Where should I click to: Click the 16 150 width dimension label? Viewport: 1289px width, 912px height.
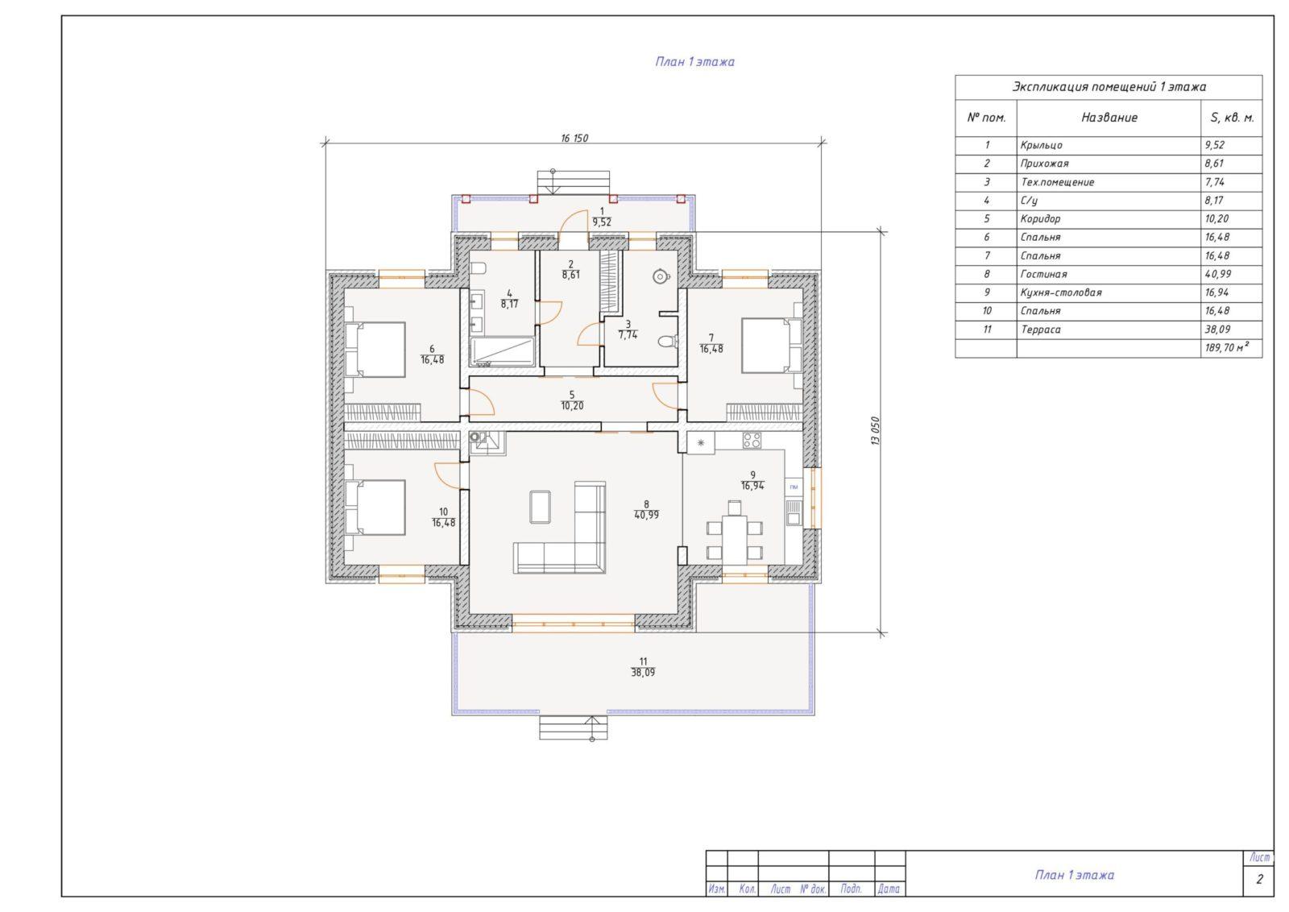pos(574,138)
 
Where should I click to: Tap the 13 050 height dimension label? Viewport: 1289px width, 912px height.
pos(875,431)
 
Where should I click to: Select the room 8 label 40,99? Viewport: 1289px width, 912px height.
pos(646,510)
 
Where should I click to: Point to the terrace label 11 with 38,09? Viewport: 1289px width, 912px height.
pos(643,667)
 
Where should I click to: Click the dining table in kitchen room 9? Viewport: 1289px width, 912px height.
pos(735,533)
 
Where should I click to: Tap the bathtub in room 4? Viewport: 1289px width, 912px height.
pos(503,352)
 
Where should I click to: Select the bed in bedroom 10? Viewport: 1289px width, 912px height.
pos(375,508)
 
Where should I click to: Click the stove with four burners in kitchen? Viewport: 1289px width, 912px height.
pos(752,441)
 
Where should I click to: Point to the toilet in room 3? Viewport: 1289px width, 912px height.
pos(666,342)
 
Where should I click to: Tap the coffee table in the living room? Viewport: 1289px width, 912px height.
pos(540,507)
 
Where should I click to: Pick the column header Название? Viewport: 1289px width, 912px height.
pos(1109,118)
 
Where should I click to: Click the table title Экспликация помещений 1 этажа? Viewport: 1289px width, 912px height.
pos(1109,87)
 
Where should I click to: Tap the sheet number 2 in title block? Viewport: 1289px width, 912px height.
pos(1259,879)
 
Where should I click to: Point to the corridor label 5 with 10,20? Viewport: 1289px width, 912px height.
pos(572,400)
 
